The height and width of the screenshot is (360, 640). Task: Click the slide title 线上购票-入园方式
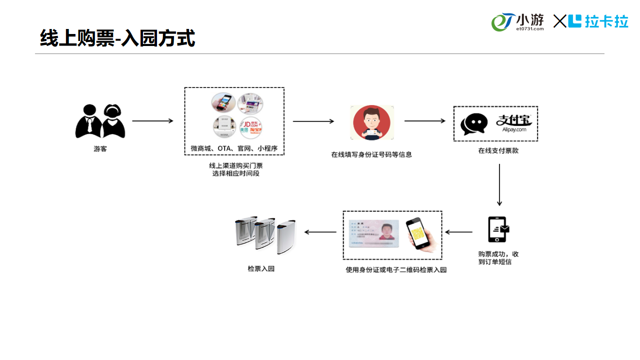point(117,38)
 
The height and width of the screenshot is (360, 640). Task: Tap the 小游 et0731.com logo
point(517,22)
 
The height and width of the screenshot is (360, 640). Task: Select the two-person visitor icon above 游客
point(100,121)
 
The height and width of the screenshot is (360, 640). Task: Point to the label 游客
point(100,149)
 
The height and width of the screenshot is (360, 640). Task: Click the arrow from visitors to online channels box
point(152,121)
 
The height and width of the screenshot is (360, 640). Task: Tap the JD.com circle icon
point(250,127)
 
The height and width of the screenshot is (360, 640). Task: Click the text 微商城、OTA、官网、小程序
point(234,148)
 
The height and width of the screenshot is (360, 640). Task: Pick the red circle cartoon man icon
point(371,123)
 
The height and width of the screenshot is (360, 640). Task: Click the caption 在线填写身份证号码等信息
point(371,154)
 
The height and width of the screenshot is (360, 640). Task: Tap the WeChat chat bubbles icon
point(473,123)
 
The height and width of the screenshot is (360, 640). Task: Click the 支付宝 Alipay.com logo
point(514,123)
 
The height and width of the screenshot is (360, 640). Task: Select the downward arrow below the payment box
point(499,184)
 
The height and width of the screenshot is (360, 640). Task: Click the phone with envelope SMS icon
point(498,229)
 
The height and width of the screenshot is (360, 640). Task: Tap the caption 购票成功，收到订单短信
point(498,258)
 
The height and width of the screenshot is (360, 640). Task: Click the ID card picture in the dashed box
point(373,234)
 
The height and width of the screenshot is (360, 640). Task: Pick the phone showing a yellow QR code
point(418,233)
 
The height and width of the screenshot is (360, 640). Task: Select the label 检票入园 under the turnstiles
point(261,268)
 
